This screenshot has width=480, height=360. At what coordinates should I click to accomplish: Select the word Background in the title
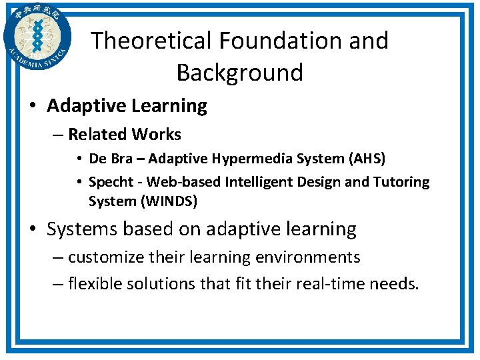(240, 72)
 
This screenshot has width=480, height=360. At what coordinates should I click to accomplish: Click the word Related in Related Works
(97, 135)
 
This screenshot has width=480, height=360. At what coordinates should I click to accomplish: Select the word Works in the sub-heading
(156, 135)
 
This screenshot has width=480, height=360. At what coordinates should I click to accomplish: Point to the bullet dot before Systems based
(33, 230)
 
